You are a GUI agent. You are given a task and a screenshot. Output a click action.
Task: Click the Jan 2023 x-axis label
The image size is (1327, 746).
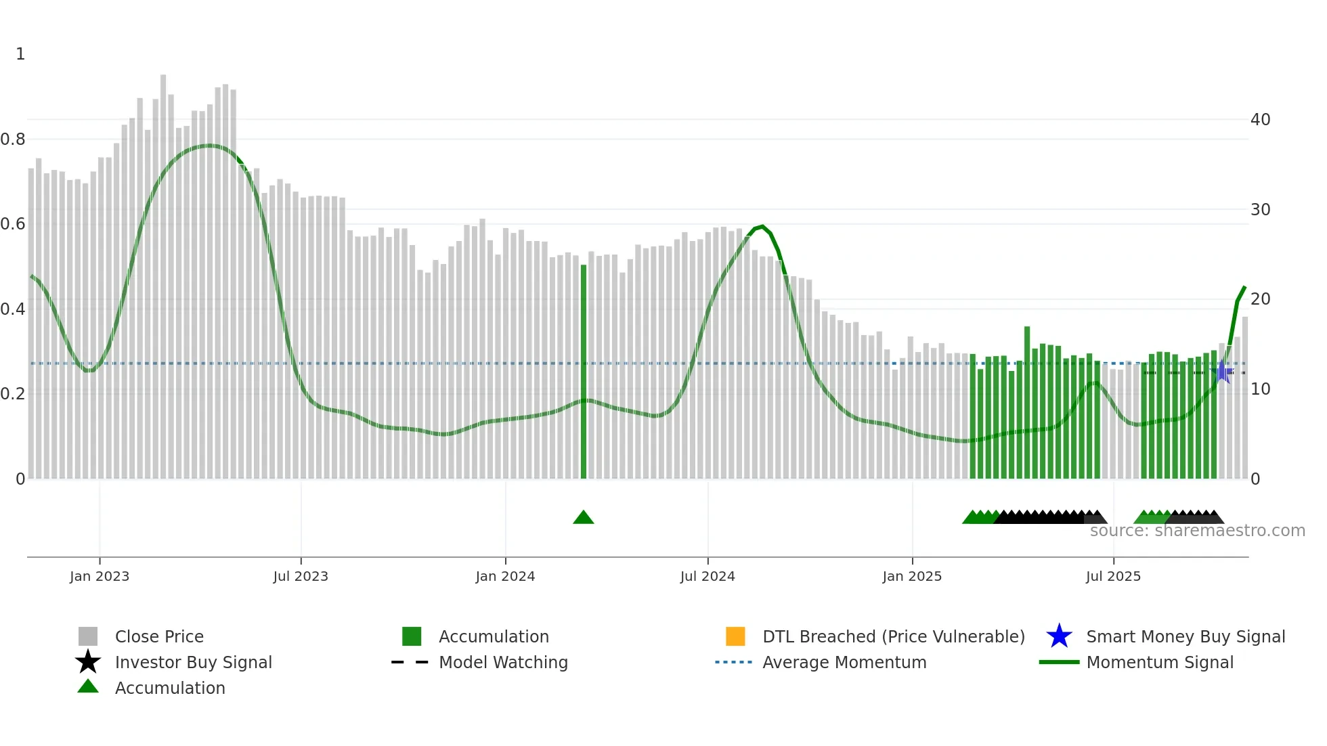pos(100,576)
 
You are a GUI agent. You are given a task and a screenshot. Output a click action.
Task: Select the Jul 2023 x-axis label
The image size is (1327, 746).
pos(301,576)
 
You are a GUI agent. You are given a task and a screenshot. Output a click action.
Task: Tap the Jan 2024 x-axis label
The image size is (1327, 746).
pos(505,576)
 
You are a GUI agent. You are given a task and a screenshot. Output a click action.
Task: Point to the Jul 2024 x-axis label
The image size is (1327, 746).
pos(708,576)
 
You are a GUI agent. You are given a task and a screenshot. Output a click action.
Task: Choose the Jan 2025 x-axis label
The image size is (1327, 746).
pos(912,576)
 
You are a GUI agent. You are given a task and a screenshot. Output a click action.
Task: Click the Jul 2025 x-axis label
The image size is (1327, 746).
pos(1113,576)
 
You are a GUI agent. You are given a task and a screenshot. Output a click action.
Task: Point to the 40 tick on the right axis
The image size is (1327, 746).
pos(1260,120)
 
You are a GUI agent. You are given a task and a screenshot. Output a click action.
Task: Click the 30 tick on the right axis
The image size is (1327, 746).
pos(1260,210)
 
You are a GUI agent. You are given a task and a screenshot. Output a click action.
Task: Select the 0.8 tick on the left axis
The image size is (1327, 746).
pos(13,139)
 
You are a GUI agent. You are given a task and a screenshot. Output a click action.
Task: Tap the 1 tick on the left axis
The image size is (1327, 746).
pos(20,54)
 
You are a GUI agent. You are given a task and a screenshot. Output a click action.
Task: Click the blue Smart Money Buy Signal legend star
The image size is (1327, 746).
pos(1059,636)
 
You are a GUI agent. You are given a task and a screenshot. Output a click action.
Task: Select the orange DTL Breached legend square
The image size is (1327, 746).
pos(735,636)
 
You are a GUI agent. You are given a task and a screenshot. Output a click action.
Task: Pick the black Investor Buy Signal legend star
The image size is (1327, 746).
pos(88,662)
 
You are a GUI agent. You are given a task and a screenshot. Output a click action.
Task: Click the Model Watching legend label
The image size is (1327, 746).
pos(503,662)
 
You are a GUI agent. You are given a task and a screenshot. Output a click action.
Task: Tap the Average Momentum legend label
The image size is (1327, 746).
pos(844,662)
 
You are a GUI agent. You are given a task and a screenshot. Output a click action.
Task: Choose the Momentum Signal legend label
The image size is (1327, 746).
pos(1160,662)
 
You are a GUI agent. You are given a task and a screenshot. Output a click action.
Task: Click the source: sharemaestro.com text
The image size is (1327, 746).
pos(1197,531)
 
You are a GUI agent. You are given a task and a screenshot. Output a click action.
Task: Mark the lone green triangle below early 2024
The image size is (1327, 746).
pos(584,518)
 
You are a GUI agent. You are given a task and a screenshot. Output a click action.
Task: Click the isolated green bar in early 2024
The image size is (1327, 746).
pos(584,372)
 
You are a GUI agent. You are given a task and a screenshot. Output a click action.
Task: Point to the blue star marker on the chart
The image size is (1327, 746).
pos(1223,372)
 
